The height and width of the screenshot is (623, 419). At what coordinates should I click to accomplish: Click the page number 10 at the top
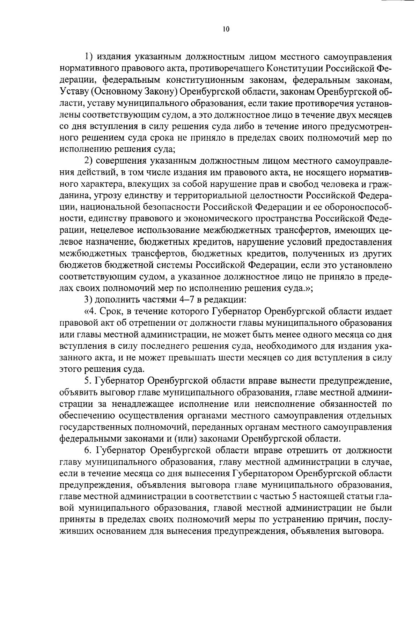tap(226, 29)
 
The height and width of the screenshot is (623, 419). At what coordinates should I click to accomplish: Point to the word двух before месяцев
tap(336, 115)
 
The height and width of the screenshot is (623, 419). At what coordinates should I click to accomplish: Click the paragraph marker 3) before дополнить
tap(89, 299)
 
